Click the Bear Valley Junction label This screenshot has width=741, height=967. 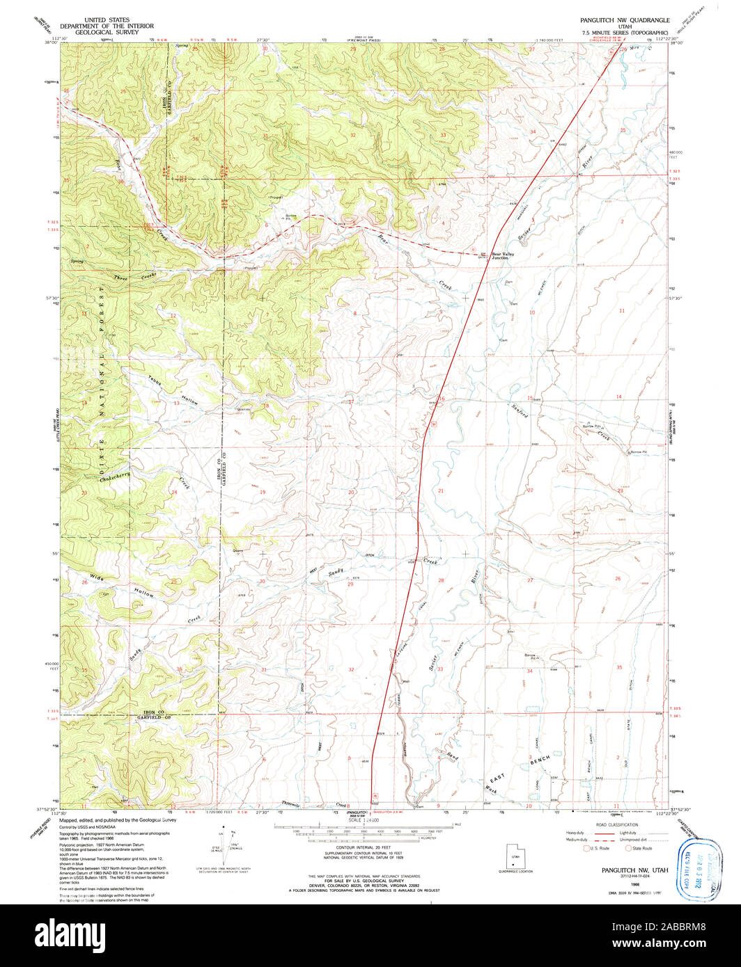(506, 255)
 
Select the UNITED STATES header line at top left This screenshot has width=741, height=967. (107, 20)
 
